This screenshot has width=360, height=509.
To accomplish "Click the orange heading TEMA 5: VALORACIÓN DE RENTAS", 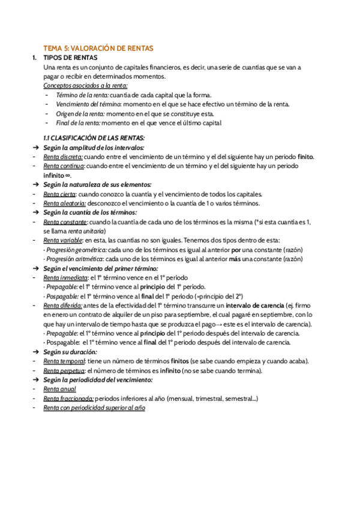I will [x=99, y=47].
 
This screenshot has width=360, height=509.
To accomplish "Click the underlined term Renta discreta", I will [x=63, y=156].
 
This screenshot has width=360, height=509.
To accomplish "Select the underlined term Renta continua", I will [x=64, y=166].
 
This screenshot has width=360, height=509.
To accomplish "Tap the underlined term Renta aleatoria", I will [x=64, y=203].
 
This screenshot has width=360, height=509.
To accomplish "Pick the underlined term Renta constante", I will [x=65, y=221].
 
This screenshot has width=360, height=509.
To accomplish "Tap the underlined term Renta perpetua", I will [x=64, y=370].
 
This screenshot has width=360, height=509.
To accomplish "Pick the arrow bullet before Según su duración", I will [x=36, y=352].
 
